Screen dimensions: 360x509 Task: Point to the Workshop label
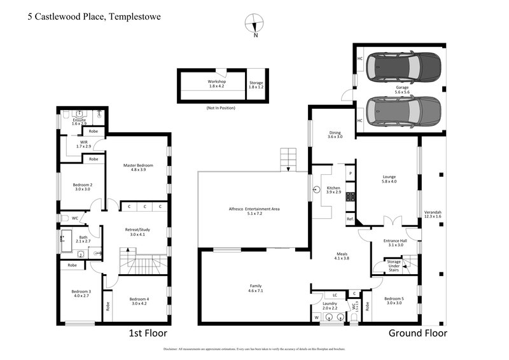click(x=217, y=83)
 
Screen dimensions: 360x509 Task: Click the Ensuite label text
click(x=80, y=121)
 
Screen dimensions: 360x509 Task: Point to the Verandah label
click(x=433, y=214)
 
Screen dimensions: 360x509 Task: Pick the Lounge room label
click(x=389, y=178)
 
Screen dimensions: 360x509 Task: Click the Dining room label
click(x=335, y=134)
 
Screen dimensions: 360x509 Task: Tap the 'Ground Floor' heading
click(x=417, y=333)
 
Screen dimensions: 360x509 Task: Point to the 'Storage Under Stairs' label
click(x=394, y=265)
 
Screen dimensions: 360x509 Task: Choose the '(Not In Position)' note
click(x=221, y=108)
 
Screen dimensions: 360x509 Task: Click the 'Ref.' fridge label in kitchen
click(x=349, y=219)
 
